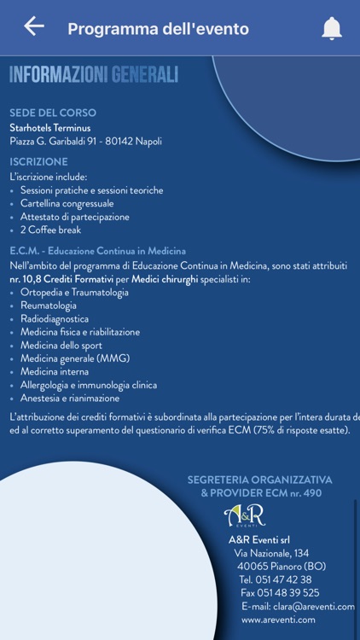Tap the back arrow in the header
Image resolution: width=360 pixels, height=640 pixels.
click(x=34, y=26)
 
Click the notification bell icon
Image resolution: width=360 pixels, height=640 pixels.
click(x=331, y=28)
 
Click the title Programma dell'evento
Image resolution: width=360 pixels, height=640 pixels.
click(x=158, y=29)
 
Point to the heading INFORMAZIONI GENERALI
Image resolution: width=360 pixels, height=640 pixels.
click(x=94, y=75)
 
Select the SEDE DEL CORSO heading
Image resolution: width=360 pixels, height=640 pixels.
click(x=53, y=113)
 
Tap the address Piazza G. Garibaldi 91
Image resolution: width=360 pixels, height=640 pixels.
click(x=85, y=142)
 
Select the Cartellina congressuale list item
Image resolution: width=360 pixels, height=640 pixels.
click(x=67, y=203)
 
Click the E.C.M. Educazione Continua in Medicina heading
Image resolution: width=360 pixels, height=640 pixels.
click(x=97, y=251)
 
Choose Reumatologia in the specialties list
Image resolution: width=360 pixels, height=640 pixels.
click(x=49, y=305)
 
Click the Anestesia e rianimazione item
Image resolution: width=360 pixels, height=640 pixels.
click(x=70, y=399)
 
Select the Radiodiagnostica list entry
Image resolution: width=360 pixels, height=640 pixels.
click(x=55, y=319)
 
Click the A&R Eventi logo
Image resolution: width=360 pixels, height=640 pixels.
click(x=244, y=516)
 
